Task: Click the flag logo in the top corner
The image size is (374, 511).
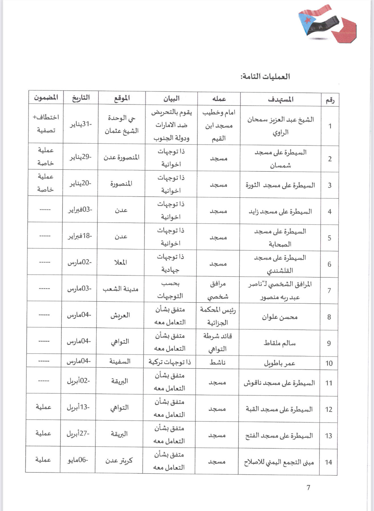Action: pyautogui.click(x=327, y=24)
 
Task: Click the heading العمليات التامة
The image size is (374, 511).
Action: pyautogui.click(x=265, y=76)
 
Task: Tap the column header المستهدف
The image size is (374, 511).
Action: pyautogui.click(x=280, y=99)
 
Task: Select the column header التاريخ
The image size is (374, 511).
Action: pyautogui.click(x=81, y=98)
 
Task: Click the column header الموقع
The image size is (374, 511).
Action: pyautogui.click(x=122, y=98)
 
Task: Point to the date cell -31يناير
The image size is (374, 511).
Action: pyautogui.click(x=81, y=124)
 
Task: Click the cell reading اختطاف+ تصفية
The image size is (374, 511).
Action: pyautogui.click(x=46, y=124)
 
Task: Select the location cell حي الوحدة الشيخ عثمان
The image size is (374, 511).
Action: pyautogui.click(x=122, y=125)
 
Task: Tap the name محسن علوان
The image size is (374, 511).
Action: pyautogui.click(x=280, y=317)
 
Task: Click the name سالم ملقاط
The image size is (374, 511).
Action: pyautogui.click(x=280, y=343)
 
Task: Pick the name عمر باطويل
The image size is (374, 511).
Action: pyautogui.click(x=280, y=363)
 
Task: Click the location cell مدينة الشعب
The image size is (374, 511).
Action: pyautogui.click(x=120, y=289)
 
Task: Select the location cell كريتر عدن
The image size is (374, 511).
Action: pyautogui.click(x=119, y=461)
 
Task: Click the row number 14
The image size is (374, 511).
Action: pyautogui.click(x=328, y=462)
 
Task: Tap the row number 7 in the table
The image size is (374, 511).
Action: pyautogui.click(x=329, y=291)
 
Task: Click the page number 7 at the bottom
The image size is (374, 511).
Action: pyautogui.click(x=308, y=488)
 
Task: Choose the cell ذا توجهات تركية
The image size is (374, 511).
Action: pyautogui.click(x=170, y=362)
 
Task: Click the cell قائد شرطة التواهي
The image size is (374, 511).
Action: pyautogui.click(x=218, y=342)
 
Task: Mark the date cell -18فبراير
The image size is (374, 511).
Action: pyautogui.click(x=80, y=236)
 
